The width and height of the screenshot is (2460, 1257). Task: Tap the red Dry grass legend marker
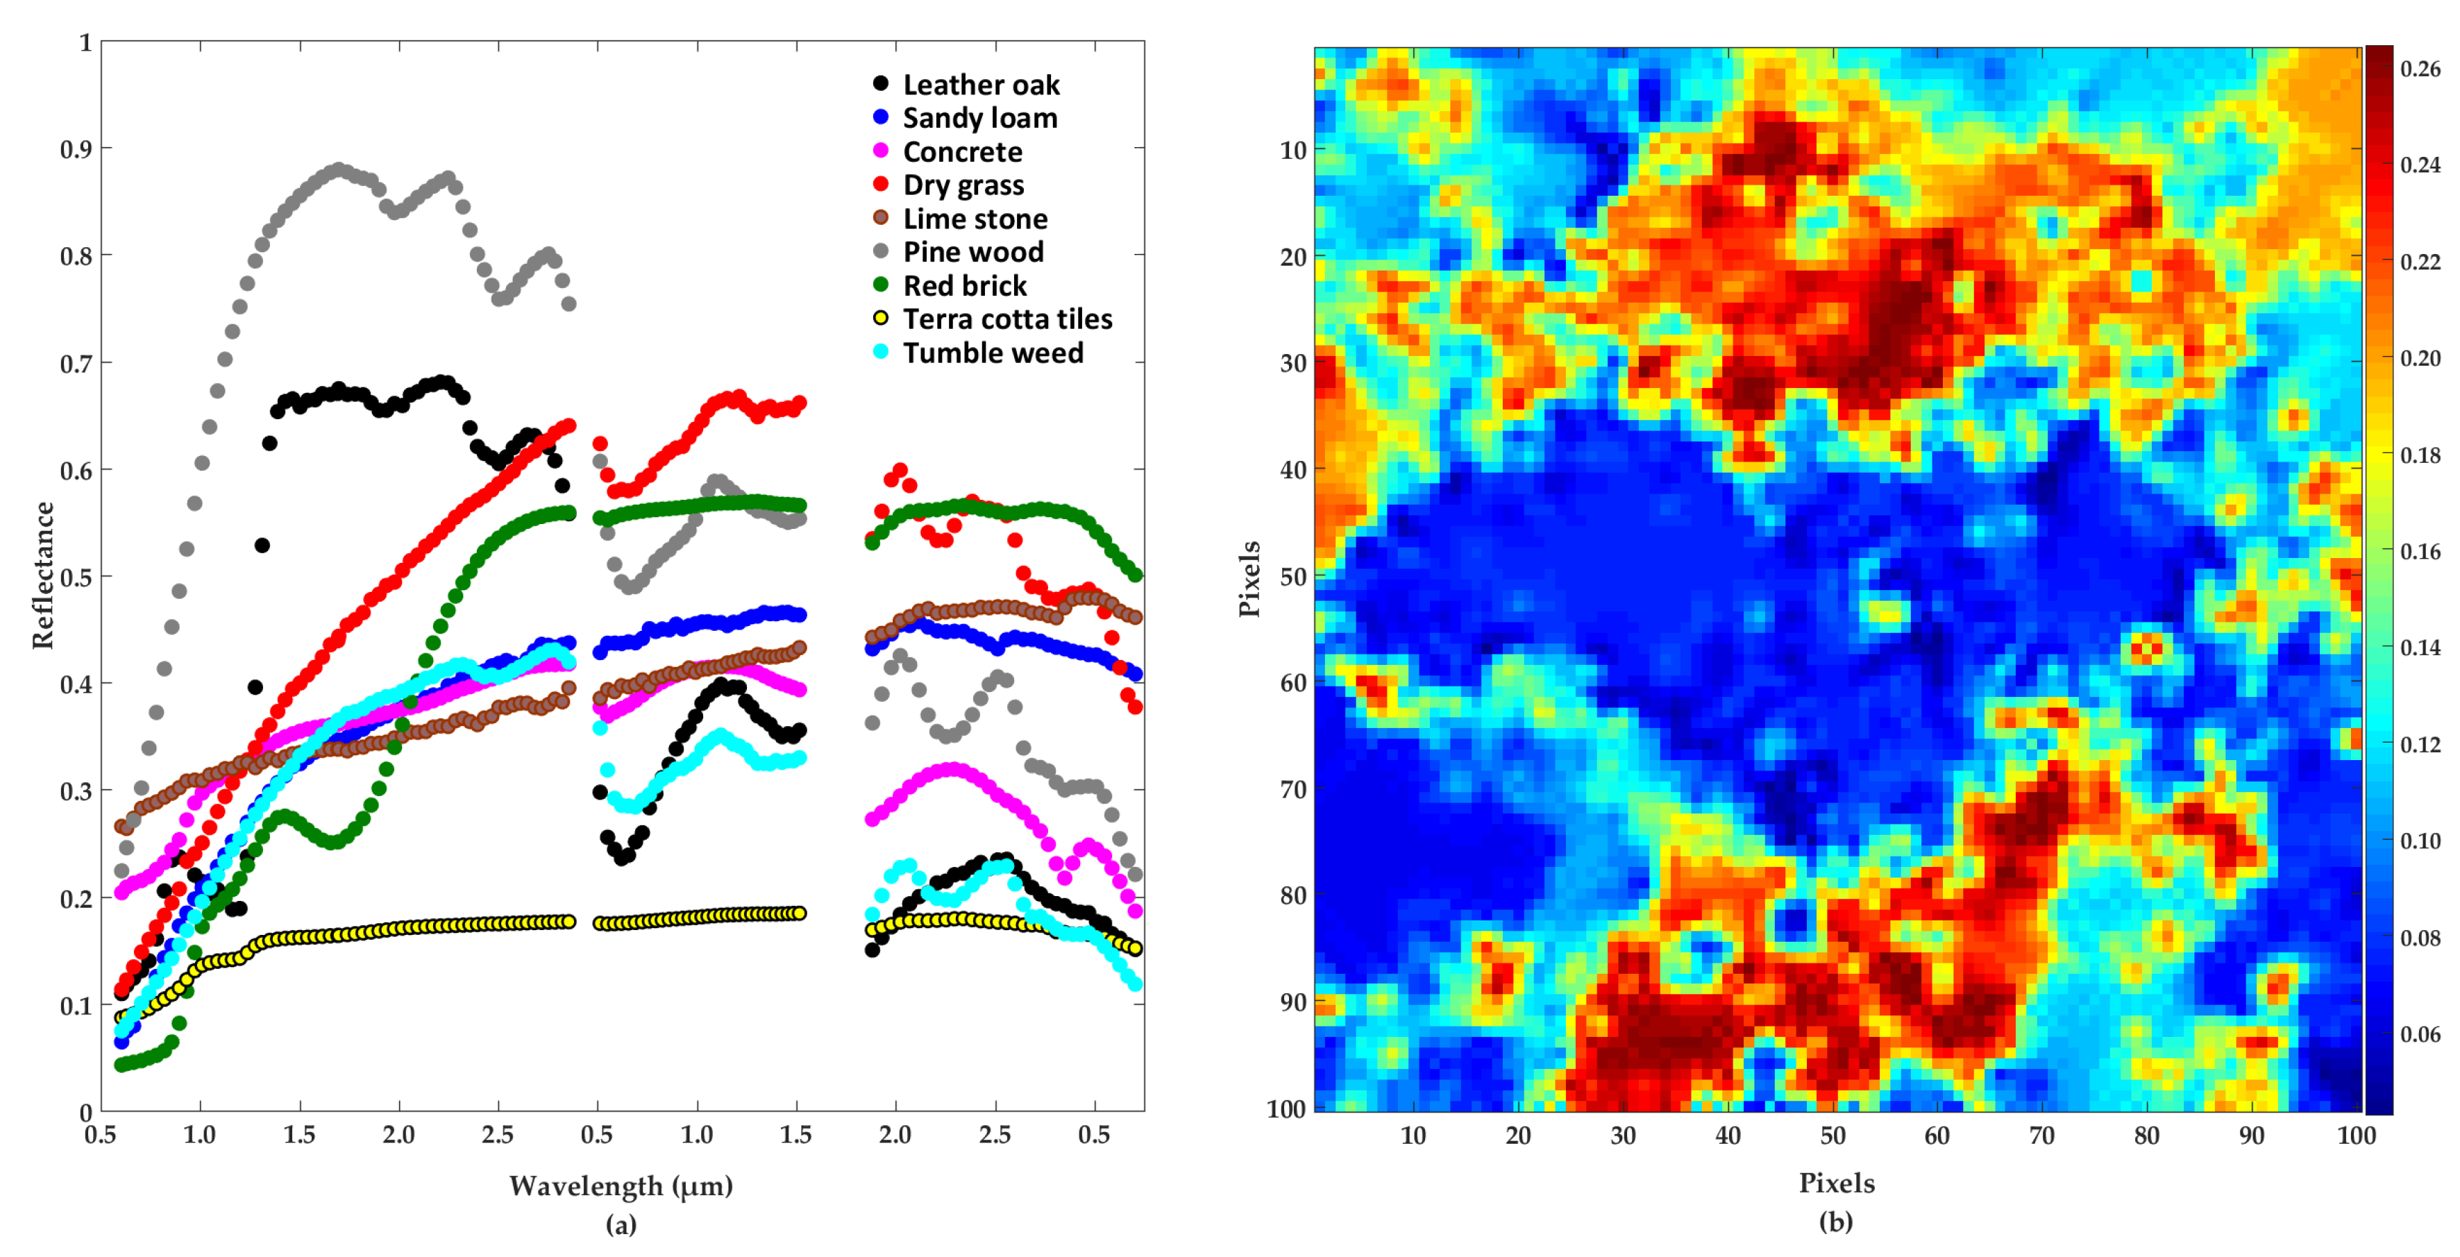(x=880, y=185)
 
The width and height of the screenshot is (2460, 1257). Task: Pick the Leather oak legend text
(x=981, y=85)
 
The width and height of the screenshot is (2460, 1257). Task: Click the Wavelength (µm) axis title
(x=621, y=1186)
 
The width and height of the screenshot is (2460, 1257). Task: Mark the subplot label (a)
(x=621, y=1224)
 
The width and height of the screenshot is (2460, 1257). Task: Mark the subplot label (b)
(x=1835, y=1222)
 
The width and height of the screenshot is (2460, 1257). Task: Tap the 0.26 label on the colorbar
(x=2420, y=69)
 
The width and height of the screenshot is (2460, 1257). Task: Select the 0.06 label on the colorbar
(x=2420, y=1034)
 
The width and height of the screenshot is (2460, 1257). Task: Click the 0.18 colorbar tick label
(x=2420, y=455)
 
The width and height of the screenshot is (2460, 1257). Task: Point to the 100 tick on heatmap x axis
(x=2355, y=1136)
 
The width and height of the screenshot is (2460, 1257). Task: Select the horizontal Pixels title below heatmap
(x=1835, y=1183)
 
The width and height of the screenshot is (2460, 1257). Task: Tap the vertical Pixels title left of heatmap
(x=1249, y=579)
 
